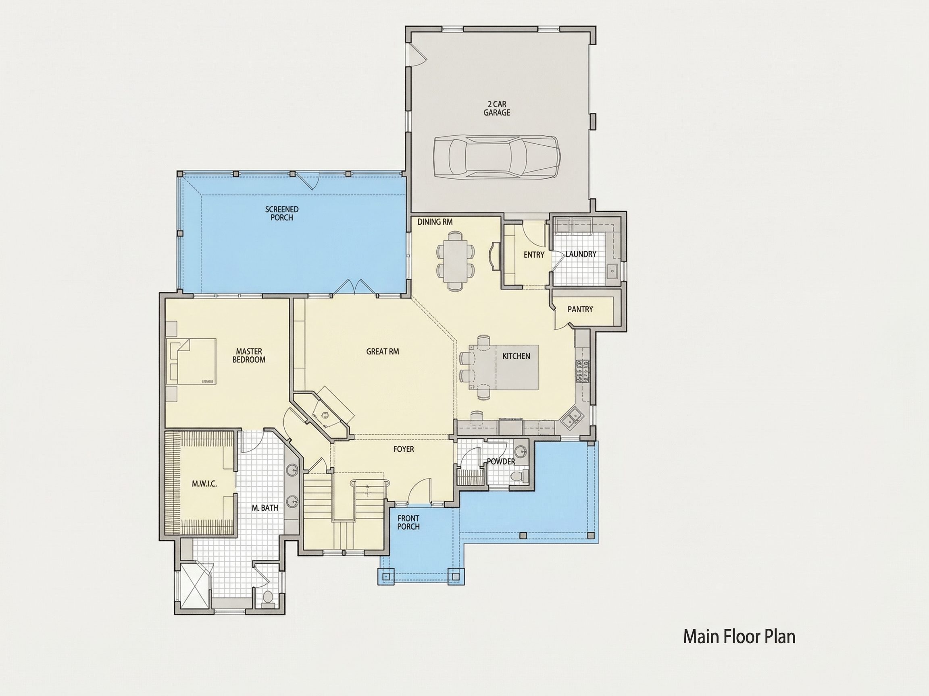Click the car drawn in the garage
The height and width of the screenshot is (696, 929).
(496, 157)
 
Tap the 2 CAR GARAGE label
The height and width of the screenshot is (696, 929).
(497, 108)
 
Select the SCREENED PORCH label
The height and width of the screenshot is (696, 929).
(282, 213)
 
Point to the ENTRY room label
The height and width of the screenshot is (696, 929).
(534, 255)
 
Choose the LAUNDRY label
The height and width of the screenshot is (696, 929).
(581, 254)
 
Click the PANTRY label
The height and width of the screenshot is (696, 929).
(580, 309)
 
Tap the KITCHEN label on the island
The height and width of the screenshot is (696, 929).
(516, 356)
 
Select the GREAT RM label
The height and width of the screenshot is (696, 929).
(383, 351)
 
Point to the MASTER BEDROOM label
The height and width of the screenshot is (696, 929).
(249, 355)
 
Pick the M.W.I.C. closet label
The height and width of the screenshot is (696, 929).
(204, 484)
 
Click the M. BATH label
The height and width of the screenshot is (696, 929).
(265, 507)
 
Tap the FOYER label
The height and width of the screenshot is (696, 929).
(404, 449)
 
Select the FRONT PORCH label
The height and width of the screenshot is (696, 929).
(408, 522)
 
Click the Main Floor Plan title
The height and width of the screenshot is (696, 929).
(739, 636)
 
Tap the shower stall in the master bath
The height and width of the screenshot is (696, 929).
(194, 585)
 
